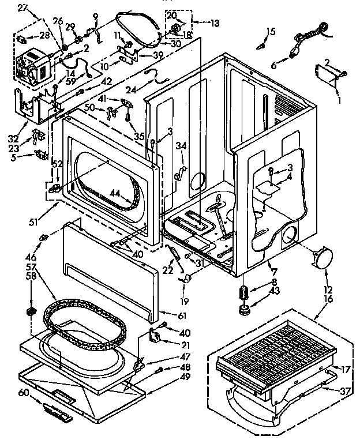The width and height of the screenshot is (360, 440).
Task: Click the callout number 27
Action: (22, 7)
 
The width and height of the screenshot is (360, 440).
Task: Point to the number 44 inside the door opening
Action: (116, 194)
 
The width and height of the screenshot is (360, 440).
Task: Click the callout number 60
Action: (24, 393)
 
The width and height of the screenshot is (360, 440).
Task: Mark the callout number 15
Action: (271, 31)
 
